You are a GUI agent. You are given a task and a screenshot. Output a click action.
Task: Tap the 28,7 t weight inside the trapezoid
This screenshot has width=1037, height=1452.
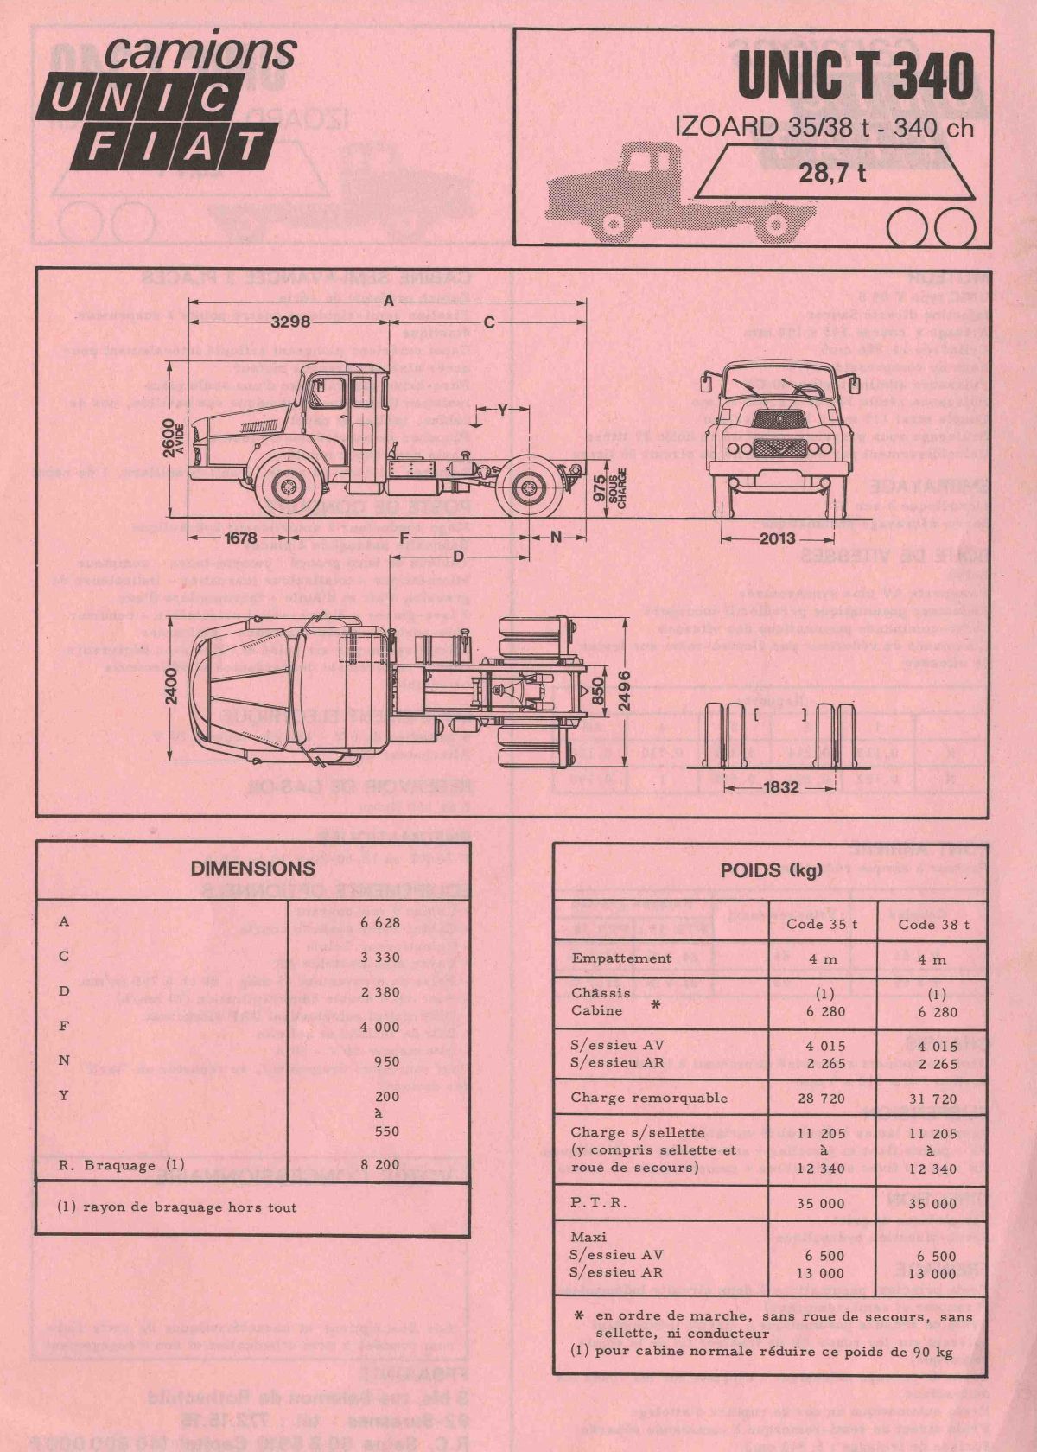(833, 173)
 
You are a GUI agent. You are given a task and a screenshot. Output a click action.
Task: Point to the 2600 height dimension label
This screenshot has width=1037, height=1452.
(180, 437)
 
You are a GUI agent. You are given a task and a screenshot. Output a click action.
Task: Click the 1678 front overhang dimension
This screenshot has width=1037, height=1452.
(240, 538)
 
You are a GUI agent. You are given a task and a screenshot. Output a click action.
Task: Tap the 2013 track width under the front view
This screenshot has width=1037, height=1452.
(777, 539)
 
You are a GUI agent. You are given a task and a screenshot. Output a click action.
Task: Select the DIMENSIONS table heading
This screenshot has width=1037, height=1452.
(252, 867)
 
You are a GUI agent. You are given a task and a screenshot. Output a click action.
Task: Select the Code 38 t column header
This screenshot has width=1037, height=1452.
(933, 924)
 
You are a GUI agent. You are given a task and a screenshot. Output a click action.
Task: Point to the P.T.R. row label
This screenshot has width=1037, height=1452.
(599, 1202)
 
